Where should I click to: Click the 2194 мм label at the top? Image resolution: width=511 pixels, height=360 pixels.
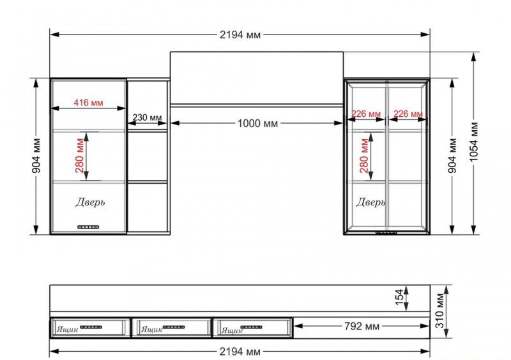point(240,34)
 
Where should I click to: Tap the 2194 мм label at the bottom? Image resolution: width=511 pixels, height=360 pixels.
point(240,352)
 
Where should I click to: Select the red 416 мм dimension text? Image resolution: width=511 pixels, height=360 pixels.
point(88,103)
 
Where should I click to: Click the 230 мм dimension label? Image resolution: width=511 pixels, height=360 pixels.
point(147,117)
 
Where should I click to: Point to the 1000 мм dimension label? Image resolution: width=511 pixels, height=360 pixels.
point(258,123)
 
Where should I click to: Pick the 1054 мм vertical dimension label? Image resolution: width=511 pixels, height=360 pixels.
point(474,142)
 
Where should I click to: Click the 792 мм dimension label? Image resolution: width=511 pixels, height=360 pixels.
point(362,326)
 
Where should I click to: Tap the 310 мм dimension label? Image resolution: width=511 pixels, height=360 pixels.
point(439,311)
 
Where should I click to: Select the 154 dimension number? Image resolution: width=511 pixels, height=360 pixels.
point(400,297)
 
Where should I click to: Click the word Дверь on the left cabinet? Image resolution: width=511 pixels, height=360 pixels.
point(90,202)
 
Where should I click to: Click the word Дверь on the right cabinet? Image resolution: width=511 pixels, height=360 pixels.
point(370,202)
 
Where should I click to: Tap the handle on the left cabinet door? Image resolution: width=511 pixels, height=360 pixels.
point(88,227)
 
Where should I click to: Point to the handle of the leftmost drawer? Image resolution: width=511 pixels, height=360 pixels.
point(91,327)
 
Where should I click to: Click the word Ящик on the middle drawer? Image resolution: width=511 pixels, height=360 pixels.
point(151,329)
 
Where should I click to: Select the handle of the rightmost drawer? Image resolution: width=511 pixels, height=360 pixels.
point(251,327)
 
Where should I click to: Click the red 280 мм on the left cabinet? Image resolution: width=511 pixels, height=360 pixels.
point(79,155)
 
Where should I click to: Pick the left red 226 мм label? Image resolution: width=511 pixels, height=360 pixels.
point(366,114)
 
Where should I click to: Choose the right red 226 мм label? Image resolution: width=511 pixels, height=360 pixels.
point(408,114)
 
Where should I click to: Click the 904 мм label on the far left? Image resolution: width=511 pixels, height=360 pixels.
point(36,155)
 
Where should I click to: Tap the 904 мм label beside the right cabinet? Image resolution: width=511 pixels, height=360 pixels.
point(453,155)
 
